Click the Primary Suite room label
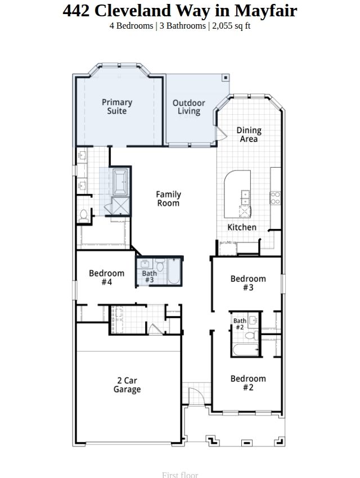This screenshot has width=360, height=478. (x=117, y=106)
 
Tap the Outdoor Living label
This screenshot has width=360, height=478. (x=188, y=107)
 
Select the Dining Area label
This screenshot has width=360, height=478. (x=249, y=134)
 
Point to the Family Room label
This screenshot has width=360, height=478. (x=168, y=199)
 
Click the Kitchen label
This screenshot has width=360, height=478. (x=242, y=227)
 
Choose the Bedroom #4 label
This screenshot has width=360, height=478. (x=106, y=277)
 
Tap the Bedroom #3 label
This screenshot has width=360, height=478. (x=248, y=283)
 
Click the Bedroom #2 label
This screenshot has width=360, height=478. (x=248, y=383)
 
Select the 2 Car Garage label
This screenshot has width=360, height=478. (x=127, y=385)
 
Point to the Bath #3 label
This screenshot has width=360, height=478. (x=150, y=277)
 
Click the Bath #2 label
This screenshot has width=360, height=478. (x=240, y=324)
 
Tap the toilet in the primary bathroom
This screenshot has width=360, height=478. (x=83, y=215)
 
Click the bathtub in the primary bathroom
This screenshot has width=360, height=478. (x=120, y=182)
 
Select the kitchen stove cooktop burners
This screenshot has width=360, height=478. (x=275, y=197)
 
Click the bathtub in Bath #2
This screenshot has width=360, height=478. (x=246, y=349)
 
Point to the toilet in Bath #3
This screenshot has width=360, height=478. (x=160, y=264)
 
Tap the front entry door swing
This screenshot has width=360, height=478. (x=195, y=396)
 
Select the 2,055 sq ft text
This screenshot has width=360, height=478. (x=231, y=26)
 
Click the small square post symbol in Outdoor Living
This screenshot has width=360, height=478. (x=226, y=78)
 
